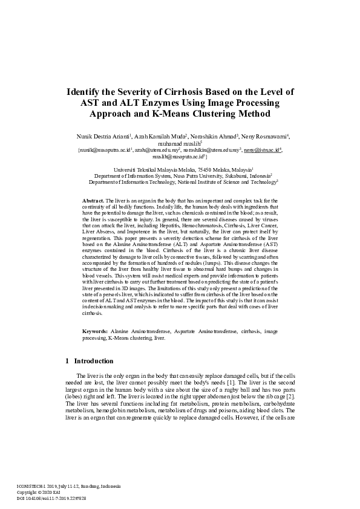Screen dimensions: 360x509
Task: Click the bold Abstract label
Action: coord(93,200)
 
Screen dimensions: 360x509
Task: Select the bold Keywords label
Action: coord(95,332)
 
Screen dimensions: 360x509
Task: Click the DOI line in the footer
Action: coord(51,498)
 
